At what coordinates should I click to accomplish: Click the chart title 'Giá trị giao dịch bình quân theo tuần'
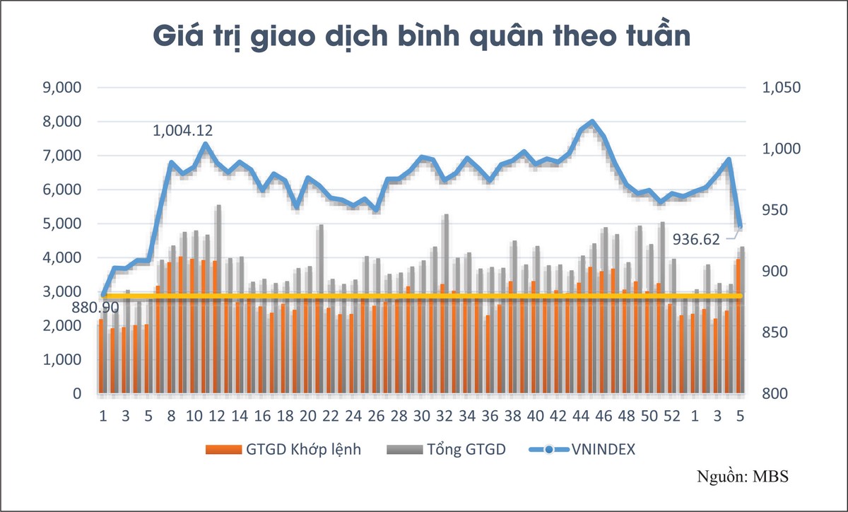(x=423, y=37)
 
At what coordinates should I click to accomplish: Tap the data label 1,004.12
(x=183, y=131)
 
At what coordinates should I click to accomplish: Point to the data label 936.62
(x=695, y=239)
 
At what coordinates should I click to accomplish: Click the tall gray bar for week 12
(x=219, y=297)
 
